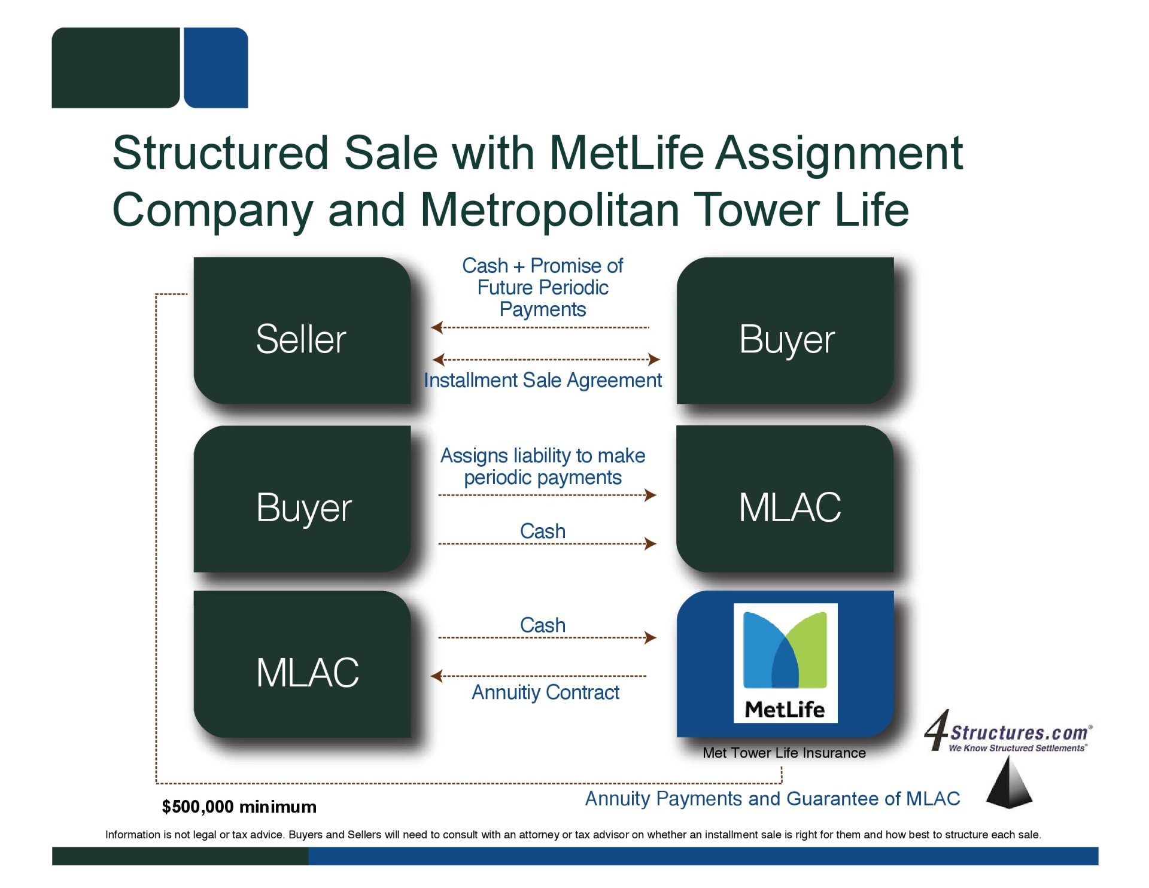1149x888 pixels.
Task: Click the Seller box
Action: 302,331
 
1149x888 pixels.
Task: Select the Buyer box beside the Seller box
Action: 785,331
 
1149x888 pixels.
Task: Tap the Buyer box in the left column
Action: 302,499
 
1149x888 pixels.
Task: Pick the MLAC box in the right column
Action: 785,499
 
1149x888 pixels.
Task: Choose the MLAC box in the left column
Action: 302,664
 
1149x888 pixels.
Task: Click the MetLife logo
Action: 785,663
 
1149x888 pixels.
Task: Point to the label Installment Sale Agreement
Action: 542,381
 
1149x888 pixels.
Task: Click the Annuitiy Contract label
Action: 545,692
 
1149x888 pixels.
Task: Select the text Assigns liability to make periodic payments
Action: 543,467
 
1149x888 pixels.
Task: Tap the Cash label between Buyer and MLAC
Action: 543,531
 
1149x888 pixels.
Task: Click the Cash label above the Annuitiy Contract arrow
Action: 543,625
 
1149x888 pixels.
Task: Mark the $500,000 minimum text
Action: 239,807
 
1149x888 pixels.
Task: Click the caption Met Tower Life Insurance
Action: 784,753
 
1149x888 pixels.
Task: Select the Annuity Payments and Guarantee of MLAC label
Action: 772,799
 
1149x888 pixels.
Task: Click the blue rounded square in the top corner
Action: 216,68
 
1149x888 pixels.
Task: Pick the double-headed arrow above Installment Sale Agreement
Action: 546,360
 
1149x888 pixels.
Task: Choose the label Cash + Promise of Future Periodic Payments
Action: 542,287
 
